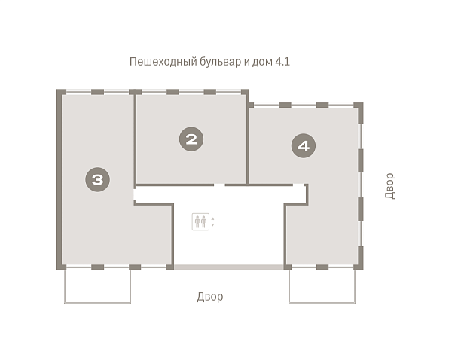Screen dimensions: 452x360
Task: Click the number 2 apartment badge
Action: [x=191, y=139]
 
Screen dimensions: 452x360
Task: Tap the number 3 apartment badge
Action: [x=97, y=179]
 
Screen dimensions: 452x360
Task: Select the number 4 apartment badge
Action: [x=304, y=145]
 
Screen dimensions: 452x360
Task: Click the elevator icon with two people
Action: [x=200, y=221]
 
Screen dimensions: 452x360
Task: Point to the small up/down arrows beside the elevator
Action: [x=212, y=221]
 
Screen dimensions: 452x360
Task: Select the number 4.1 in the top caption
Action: [x=282, y=62]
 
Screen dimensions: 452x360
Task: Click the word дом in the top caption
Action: [x=262, y=63]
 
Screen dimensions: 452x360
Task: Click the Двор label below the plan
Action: [x=210, y=297]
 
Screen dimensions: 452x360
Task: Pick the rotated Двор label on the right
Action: [x=389, y=186]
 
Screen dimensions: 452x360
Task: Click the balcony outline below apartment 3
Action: [x=97, y=303]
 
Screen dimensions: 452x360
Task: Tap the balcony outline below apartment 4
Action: [x=322, y=303]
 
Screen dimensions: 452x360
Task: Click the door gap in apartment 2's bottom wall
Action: [x=219, y=185]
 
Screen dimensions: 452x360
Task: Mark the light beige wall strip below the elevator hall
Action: [x=229, y=267]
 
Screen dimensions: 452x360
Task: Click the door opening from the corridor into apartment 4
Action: [x=298, y=185]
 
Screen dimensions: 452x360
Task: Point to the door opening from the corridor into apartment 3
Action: [x=135, y=194]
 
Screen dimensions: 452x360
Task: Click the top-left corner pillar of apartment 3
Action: [x=61, y=92]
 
